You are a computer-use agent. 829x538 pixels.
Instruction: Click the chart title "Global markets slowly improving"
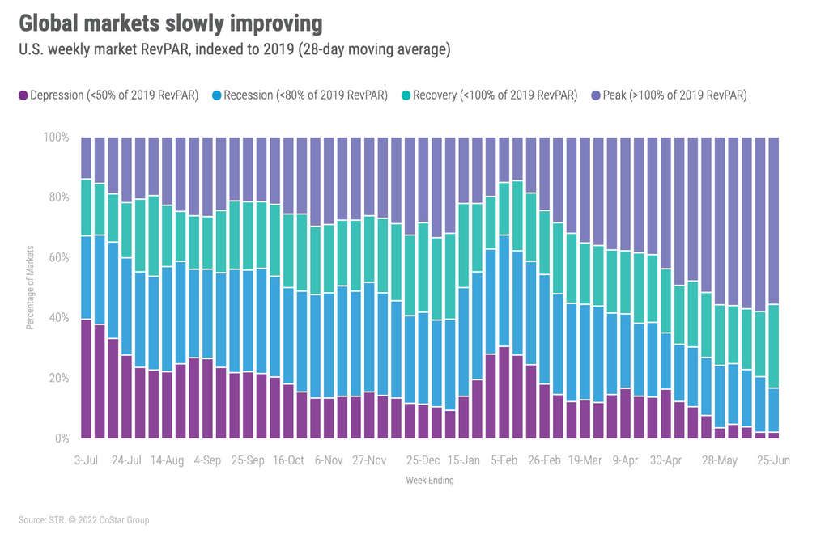pyautogui.click(x=170, y=23)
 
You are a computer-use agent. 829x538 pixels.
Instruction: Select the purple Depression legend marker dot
pyautogui.click(x=23, y=95)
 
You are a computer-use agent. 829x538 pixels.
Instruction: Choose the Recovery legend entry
pyautogui.click(x=495, y=95)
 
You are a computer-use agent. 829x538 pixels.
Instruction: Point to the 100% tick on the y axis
pyautogui.click(x=57, y=138)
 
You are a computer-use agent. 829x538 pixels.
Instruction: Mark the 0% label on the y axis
pyautogui.click(x=62, y=438)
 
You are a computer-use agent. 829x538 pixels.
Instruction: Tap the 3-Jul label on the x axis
pyautogui.click(x=86, y=460)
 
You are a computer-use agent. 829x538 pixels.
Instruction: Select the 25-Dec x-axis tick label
pyautogui.click(x=423, y=460)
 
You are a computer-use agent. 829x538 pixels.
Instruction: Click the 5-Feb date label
pyautogui.click(x=504, y=460)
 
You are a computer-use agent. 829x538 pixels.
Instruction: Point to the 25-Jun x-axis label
pyautogui.click(x=773, y=460)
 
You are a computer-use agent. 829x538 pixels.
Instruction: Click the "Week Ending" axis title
pyautogui.click(x=429, y=481)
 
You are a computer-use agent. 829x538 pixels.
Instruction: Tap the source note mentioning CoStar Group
pyautogui.click(x=84, y=519)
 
